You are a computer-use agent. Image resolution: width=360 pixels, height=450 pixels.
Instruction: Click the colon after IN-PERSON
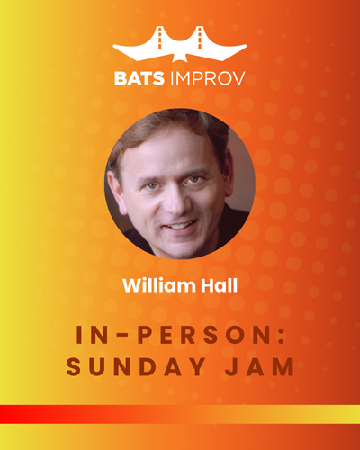[x=282, y=334]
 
